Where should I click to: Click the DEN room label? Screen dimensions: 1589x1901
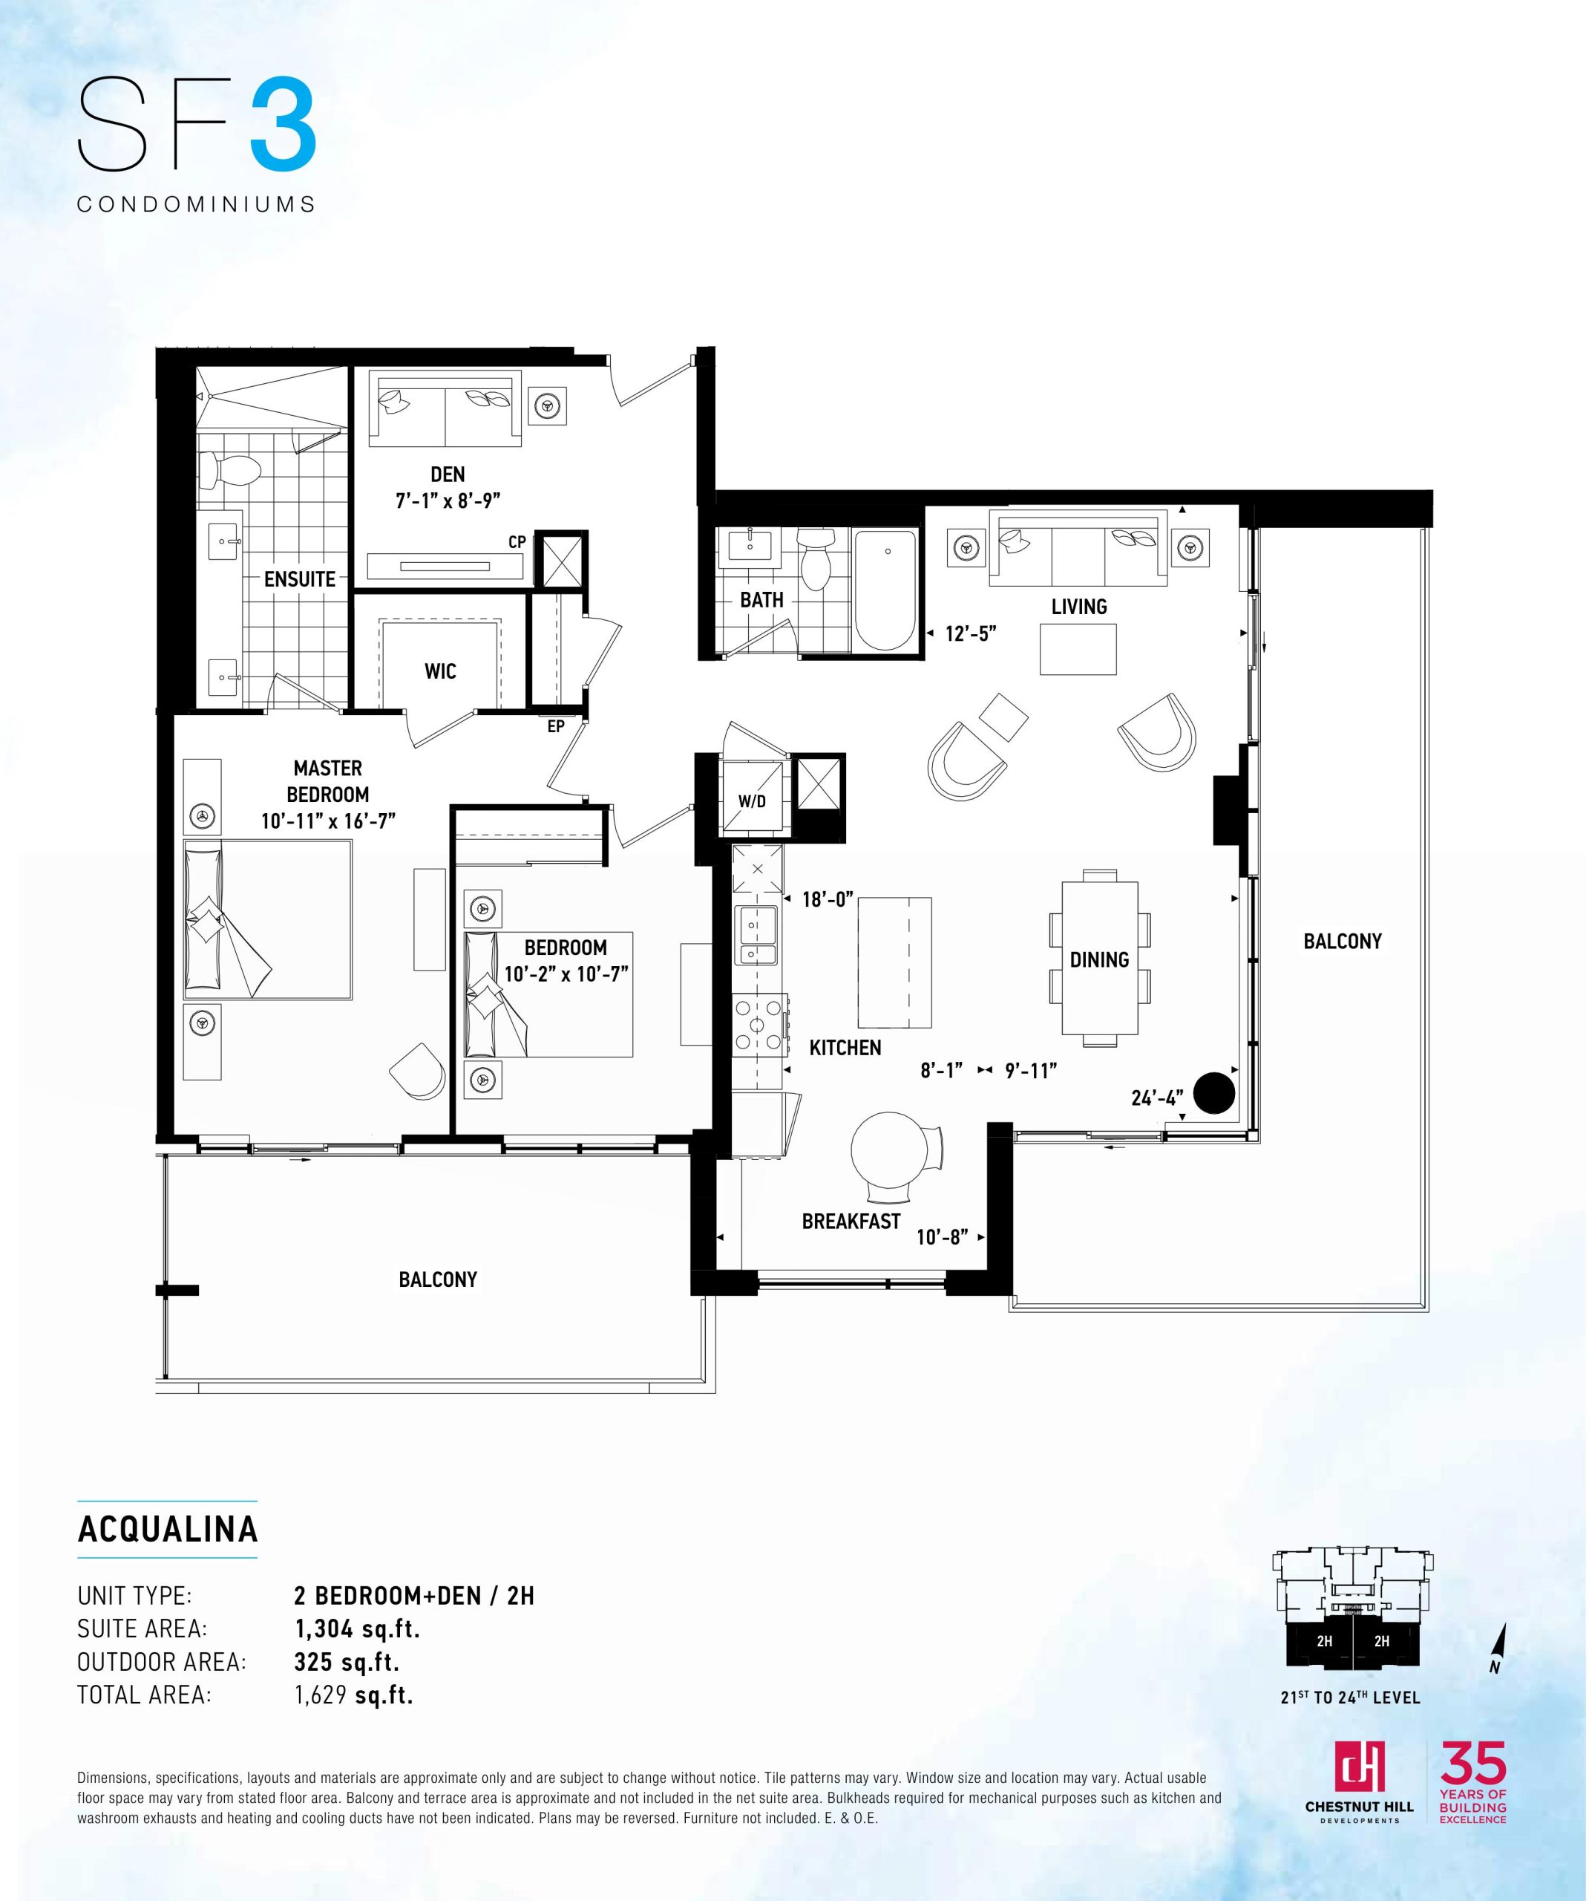coord(448,475)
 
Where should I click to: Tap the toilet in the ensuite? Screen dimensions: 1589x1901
coord(230,470)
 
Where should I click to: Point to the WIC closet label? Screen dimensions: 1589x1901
coord(440,672)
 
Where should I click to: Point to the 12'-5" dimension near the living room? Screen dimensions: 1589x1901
coord(971,633)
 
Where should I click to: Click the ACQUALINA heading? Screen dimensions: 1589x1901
coord(168,1529)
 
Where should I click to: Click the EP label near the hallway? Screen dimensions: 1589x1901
coord(556,726)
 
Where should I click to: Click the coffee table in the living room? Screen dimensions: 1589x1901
coord(1078,649)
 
